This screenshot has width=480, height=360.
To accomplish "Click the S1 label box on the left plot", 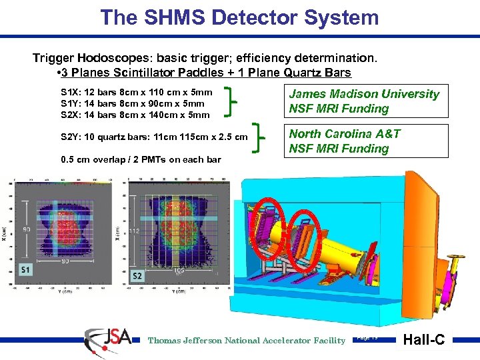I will pos(26,269).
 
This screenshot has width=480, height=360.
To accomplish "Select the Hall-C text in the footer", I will pos(425,340).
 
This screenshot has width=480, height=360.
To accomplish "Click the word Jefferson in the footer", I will pos(207,341).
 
